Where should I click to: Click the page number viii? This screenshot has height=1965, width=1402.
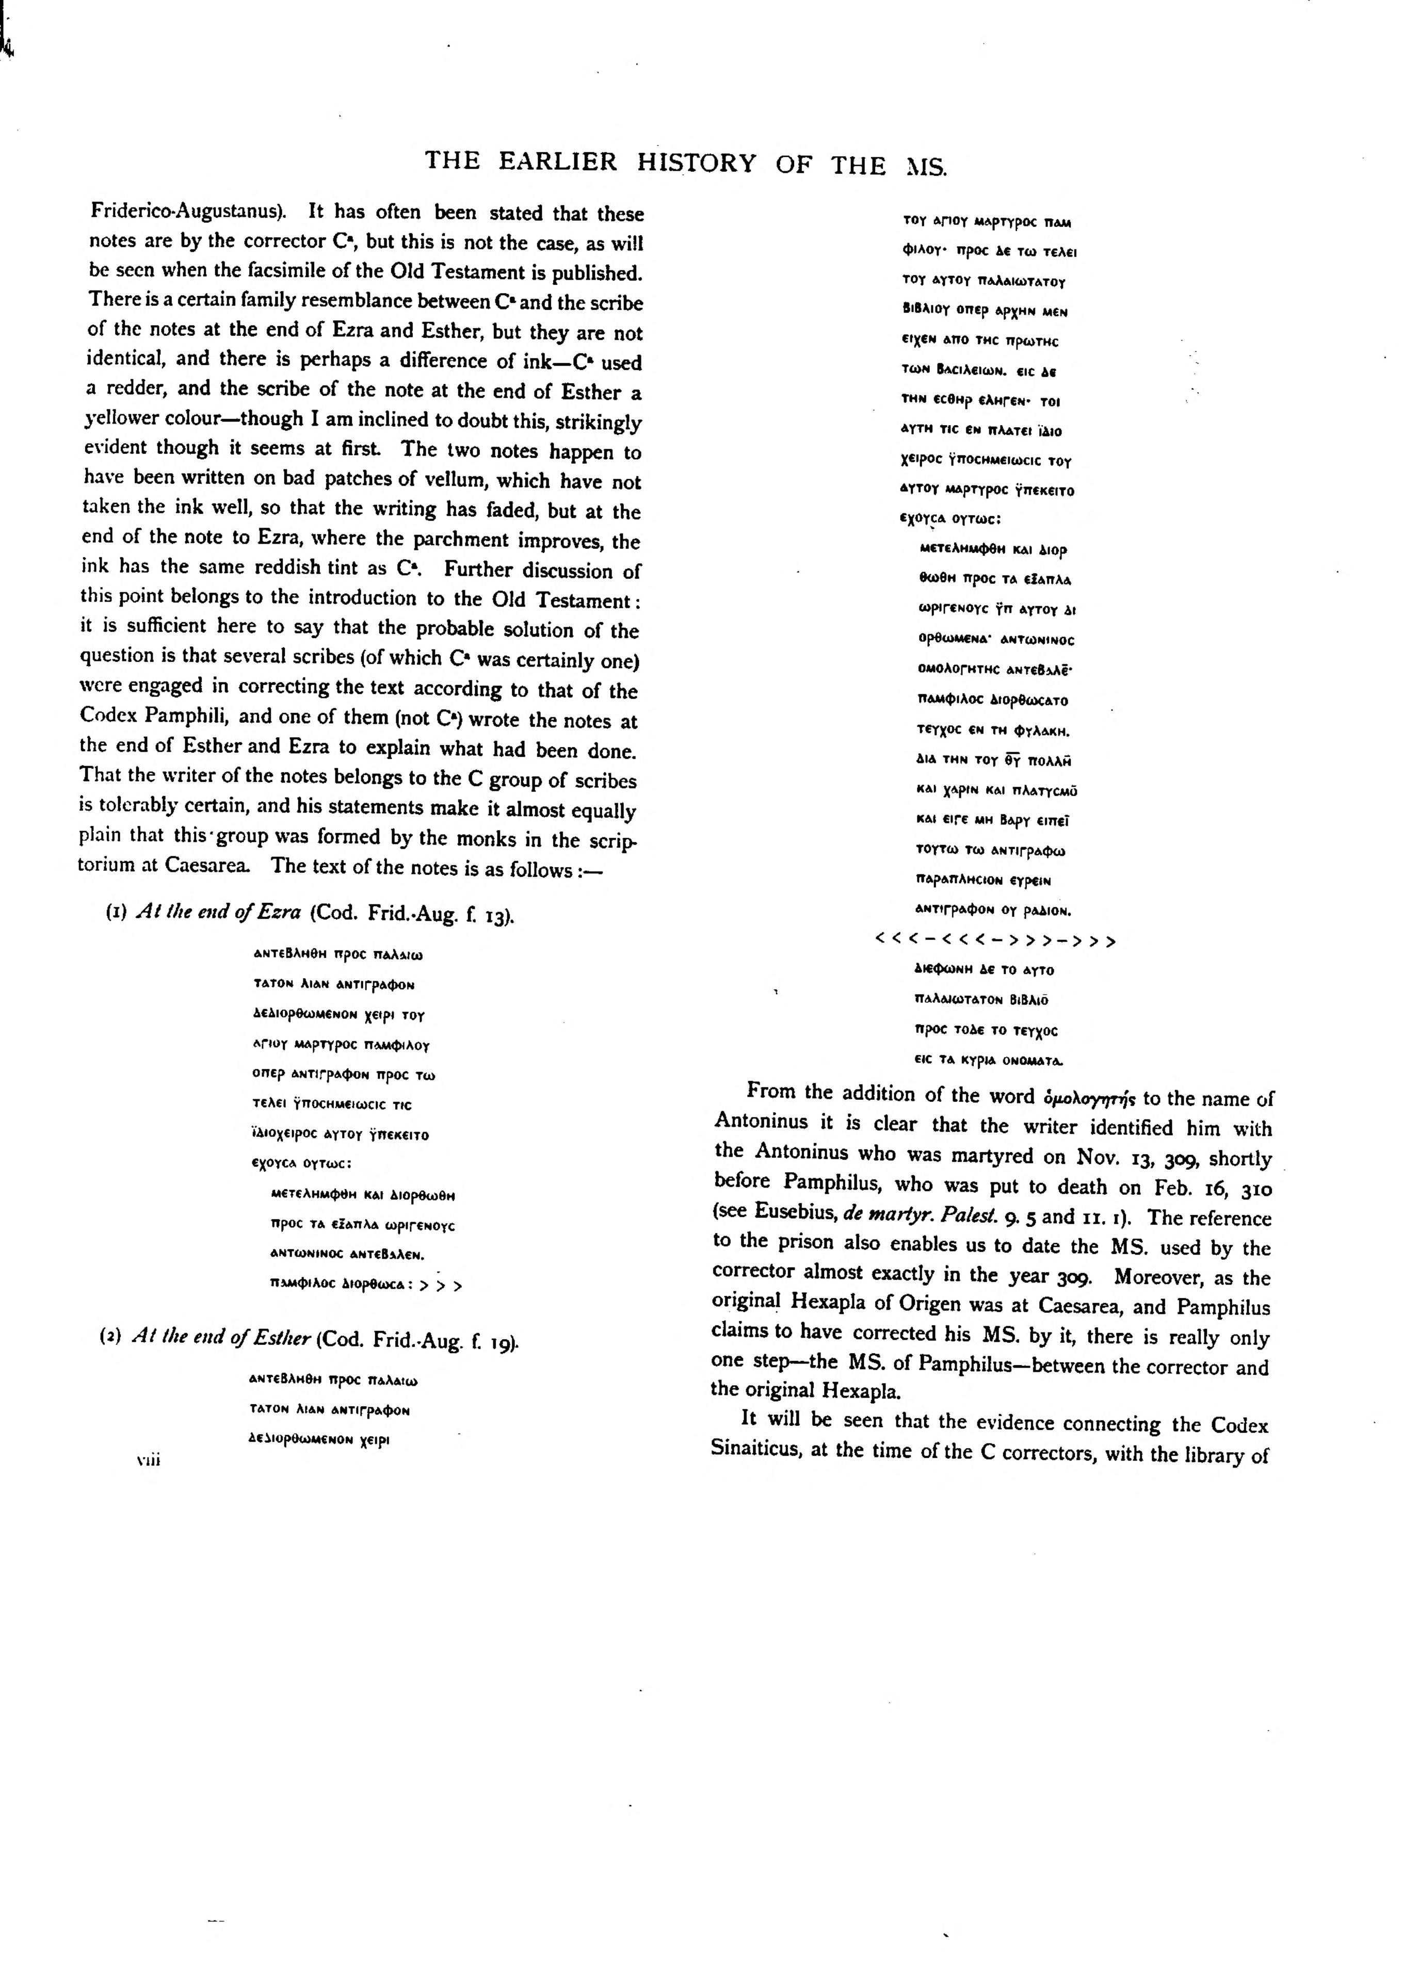click(x=149, y=1460)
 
